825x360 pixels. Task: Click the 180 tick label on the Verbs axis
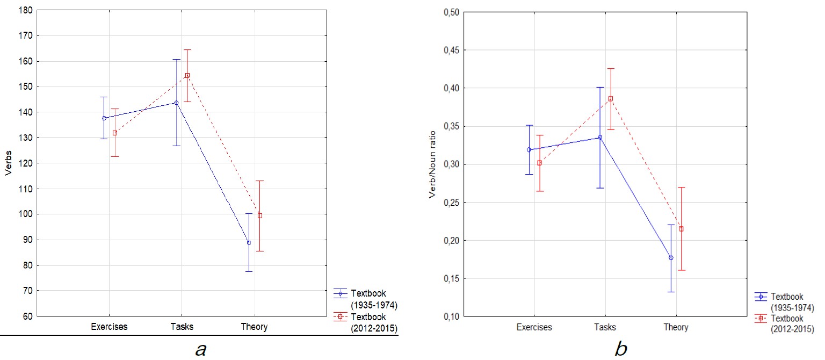click(26, 10)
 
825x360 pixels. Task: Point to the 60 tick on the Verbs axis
click(28, 316)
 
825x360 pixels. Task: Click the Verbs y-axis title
click(8, 163)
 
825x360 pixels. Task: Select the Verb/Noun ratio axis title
click(432, 164)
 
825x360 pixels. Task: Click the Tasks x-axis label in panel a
click(182, 327)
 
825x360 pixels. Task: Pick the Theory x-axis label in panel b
click(676, 327)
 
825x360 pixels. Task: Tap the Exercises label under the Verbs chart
click(109, 327)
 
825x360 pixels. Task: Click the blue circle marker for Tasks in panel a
click(176, 103)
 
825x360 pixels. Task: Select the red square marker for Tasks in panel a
click(187, 75)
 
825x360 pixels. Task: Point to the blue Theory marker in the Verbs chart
click(249, 243)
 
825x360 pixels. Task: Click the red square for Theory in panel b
click(681, 229)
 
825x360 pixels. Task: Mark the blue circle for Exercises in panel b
click(529, 150)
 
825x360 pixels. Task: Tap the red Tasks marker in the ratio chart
click(610, 99)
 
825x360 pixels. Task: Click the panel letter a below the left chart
click(200, 350)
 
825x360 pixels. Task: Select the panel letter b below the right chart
click(620, 349)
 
